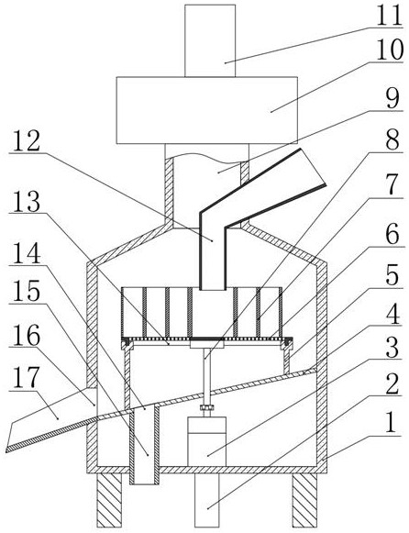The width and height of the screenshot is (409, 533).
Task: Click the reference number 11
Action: coord(389,15)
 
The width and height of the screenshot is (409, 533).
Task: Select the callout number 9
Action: coord(394,98)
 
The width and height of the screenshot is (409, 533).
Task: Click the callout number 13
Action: coord(27,201)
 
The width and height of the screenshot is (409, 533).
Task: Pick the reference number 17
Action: coord(27,378)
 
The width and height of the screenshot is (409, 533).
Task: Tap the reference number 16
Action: coord(27,335)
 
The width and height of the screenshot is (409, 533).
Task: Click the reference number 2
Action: coord(392,384)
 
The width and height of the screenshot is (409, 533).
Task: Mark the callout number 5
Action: coord(392,275)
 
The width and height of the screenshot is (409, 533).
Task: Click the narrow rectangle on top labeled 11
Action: coord(210,40)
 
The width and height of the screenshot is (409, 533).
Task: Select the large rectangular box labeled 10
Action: coord(207,110)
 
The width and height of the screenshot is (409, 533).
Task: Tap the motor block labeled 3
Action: coord(207,441)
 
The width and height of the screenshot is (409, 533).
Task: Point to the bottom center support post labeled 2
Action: coord(207,500)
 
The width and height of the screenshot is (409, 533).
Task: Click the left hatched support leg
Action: coord(109,500)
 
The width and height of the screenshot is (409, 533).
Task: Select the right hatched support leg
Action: coord(305,500)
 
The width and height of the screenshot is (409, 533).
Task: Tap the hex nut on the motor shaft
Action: coord(206,407)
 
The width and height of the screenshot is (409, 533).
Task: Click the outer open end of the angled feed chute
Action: coord(313,167)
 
